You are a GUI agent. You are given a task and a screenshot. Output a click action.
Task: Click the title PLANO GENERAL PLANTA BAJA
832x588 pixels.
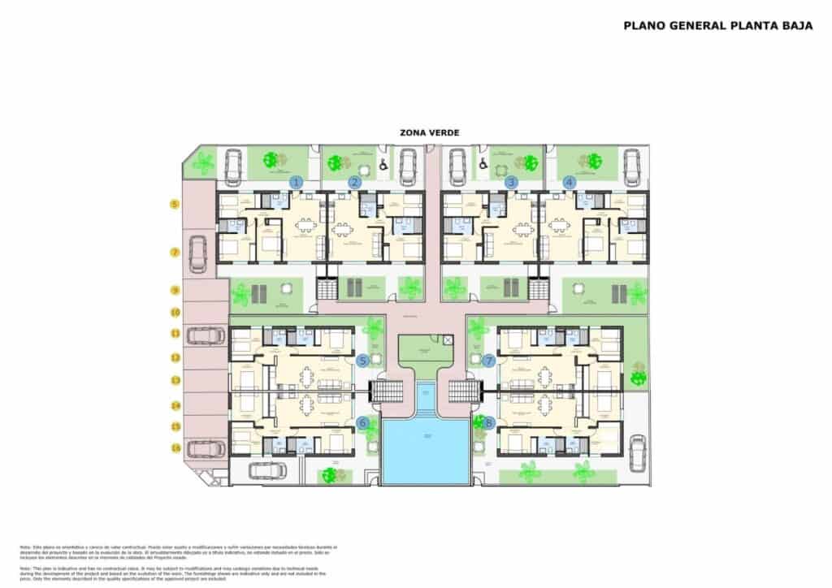718,25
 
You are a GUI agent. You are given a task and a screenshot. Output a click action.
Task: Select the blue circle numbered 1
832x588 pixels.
297,182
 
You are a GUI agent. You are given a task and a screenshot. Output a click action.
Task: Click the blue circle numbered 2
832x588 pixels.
354,182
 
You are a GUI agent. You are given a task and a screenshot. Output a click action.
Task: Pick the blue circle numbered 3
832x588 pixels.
511,182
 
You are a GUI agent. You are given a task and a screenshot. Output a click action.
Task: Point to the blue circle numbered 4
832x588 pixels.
569,182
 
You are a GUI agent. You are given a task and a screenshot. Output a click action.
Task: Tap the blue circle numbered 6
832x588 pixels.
362,422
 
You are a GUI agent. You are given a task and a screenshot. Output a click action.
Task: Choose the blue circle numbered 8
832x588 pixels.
488,422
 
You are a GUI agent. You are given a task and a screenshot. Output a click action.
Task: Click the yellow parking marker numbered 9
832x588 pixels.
175,290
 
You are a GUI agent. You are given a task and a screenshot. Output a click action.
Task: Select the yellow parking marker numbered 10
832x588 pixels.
175,312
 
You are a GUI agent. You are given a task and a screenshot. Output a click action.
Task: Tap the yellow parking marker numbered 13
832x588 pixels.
175,379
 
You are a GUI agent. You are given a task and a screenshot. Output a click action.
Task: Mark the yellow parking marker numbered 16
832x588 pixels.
175,447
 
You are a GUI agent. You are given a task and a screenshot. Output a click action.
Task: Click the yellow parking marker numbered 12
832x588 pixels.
175,357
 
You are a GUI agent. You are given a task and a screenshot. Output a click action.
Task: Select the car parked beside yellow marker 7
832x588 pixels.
197,253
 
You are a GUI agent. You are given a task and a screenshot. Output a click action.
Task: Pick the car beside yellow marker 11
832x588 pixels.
202,334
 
